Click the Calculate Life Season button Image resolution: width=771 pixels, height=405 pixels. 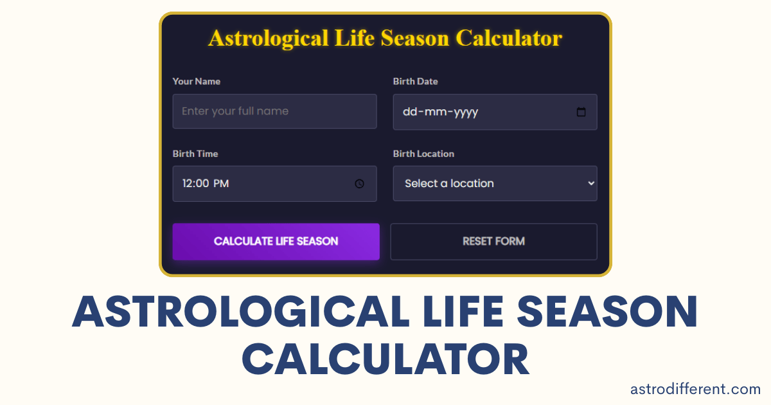(276, 242)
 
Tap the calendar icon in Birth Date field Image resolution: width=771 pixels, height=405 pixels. (581, 112)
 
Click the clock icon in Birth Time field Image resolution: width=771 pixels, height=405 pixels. (359, 184)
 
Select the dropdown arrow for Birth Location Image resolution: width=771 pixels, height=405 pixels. (591, 183)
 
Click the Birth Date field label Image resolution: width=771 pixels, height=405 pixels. (415, 82)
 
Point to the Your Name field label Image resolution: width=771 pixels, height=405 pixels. (196, 82)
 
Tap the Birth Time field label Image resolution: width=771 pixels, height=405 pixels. (195, 154)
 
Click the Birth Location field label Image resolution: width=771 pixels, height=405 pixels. (423, 154)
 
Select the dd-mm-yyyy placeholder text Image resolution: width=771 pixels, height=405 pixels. (440, 112)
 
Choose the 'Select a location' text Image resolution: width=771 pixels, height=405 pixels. (449, 184)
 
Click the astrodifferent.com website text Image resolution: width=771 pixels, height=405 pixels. (695, 389)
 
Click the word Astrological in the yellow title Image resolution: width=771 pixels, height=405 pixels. (269, 39)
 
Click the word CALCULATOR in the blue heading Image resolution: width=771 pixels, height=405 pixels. (385, 360)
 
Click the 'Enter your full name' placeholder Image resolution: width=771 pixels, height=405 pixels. (235, 111)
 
